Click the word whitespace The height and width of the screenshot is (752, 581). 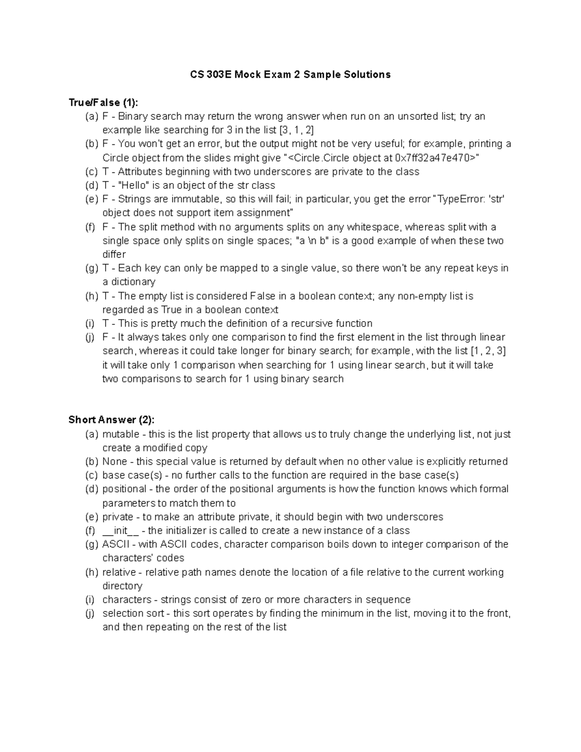click(x=373, y=227)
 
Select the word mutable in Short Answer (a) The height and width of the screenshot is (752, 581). click(x=121, y=434)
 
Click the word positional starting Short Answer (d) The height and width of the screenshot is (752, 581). click(x=124, y=489)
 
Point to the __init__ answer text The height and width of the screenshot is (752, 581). click(x=121, y=531)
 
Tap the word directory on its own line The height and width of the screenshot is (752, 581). click(x=122, y=586)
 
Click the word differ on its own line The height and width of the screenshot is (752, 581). click(x=114, y=255)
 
